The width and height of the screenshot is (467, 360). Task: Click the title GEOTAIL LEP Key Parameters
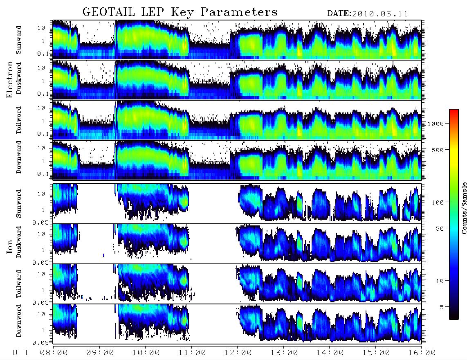(180, 12)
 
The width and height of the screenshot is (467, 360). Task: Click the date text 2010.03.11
(380, 14)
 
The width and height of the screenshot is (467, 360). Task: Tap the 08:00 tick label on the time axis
(54, 353)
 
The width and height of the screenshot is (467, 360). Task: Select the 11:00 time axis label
(192, 353)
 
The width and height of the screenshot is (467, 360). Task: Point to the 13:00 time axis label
(284, 353)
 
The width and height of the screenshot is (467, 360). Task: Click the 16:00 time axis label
(422, 353)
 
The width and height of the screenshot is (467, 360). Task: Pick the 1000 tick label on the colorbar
(435, 124)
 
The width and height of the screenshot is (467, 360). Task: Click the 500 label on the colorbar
(438, 150)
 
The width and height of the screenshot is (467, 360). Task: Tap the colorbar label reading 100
(438, 202)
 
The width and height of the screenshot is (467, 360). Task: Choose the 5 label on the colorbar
(442, 307)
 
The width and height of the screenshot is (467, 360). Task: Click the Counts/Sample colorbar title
(464, 208)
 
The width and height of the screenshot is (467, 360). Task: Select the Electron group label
(10, 79)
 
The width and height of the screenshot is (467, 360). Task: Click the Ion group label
(10, 246)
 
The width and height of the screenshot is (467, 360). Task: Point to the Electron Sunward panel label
(19, 40)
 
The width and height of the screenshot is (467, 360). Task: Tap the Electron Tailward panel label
(19, 120)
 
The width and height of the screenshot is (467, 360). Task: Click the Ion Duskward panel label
(19, 242)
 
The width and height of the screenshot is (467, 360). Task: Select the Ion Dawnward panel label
(19, 320)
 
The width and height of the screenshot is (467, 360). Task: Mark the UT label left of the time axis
(20, 353)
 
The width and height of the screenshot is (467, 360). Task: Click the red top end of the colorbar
(454, 110)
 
